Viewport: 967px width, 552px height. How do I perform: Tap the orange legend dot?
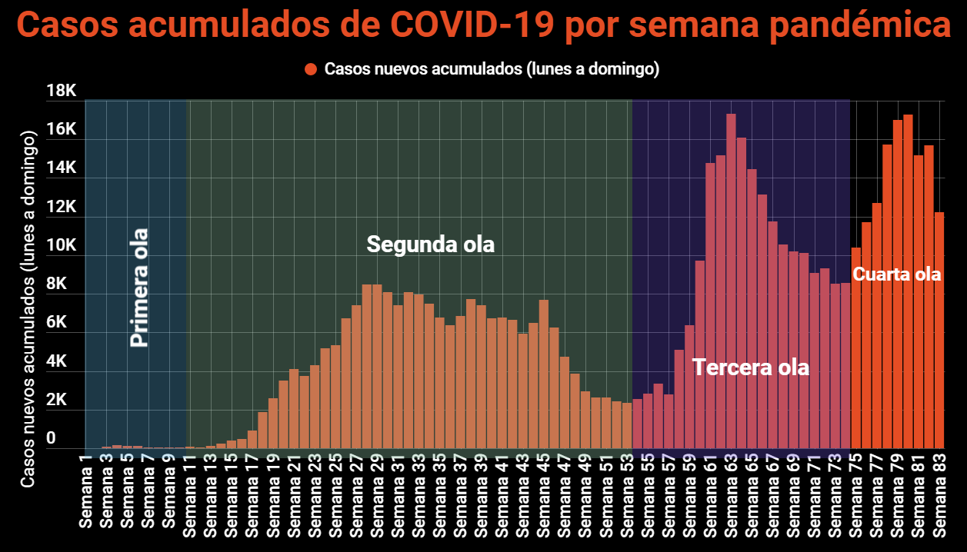click(311, 69)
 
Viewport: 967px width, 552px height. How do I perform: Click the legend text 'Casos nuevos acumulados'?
click(424, 69)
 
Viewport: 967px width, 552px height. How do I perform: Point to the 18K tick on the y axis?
click(62, 91)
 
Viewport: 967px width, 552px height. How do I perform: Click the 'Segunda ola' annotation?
click(430, 244)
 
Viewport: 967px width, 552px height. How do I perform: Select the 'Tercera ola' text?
click(751, 367)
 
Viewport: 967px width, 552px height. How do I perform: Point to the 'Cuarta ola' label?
click(897, 274)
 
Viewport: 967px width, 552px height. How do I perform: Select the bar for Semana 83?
click(939, 331)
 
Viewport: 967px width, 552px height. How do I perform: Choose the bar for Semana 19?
click(273, 423)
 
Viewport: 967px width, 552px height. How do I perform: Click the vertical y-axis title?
click(28, 308)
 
